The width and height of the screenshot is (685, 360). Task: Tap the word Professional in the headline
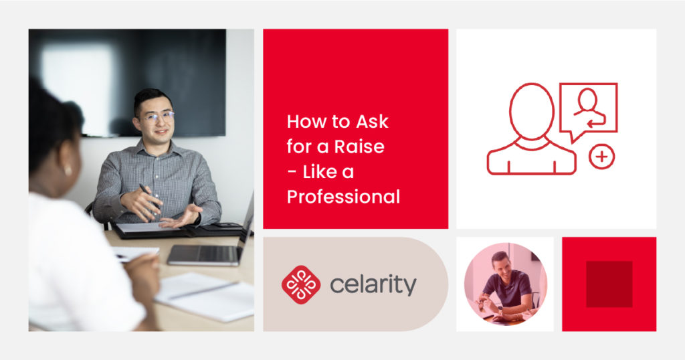343,197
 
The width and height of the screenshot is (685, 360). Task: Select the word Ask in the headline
372,122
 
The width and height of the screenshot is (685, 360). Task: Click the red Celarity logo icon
301,285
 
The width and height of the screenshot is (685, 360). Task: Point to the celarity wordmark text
373,286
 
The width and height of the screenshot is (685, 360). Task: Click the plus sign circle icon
601,157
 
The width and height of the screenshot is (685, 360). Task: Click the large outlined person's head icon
532,111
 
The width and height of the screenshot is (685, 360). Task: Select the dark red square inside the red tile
609,284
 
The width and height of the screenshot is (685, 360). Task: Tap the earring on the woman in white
68,169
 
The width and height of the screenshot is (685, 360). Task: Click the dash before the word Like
292,172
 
